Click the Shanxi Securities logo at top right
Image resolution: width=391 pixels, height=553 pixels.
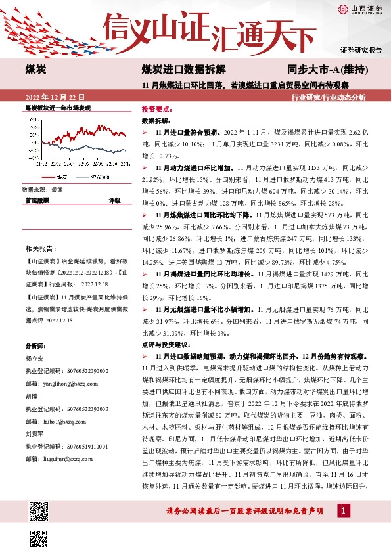click(x=360, y=9)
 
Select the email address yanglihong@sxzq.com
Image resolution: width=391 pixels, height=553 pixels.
click(x=64, y=384)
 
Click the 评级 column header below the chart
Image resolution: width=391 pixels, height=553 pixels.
click(x=114, y=200)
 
